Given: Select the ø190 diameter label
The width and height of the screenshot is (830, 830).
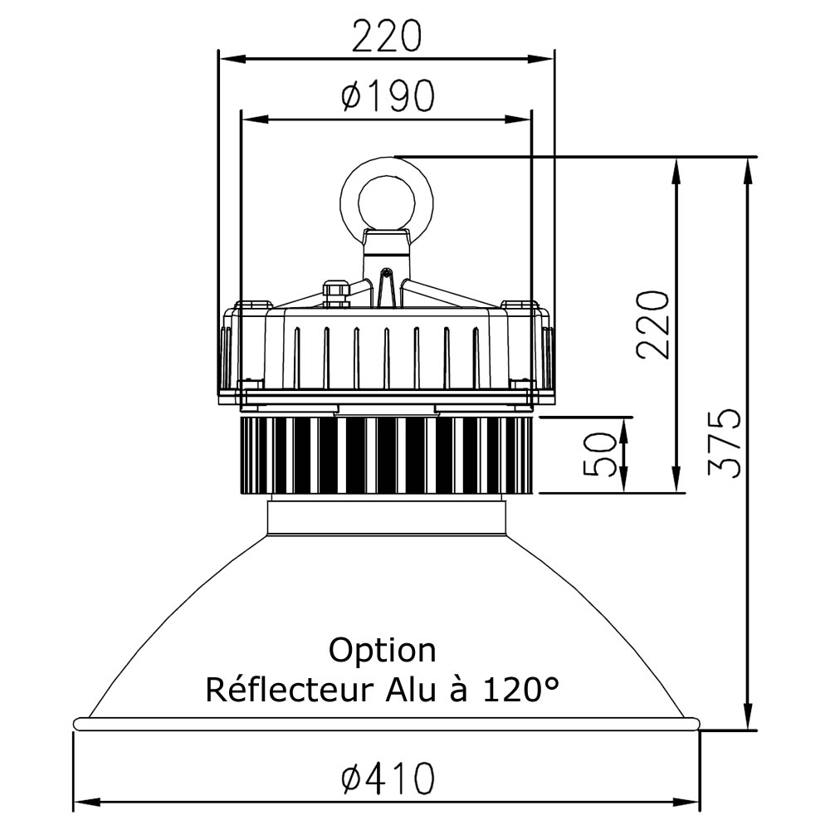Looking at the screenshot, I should (387, 97).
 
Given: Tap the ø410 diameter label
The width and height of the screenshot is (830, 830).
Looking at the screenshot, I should (387, 779).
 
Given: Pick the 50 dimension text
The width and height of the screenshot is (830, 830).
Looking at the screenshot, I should (600, 455).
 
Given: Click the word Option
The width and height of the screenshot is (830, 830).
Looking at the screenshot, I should (382, 650).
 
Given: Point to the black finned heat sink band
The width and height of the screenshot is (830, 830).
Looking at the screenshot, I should (387, 454).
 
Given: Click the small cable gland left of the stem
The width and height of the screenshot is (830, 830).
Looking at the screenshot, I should (336, 290).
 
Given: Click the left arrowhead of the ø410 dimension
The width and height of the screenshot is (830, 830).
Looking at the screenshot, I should (83, 803).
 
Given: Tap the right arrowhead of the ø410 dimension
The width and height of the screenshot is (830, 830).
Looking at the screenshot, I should (691, 803).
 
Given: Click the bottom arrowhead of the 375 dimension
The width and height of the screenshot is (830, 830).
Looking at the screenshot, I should (749, 720).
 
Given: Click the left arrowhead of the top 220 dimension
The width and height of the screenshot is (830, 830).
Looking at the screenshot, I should (227, 59).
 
